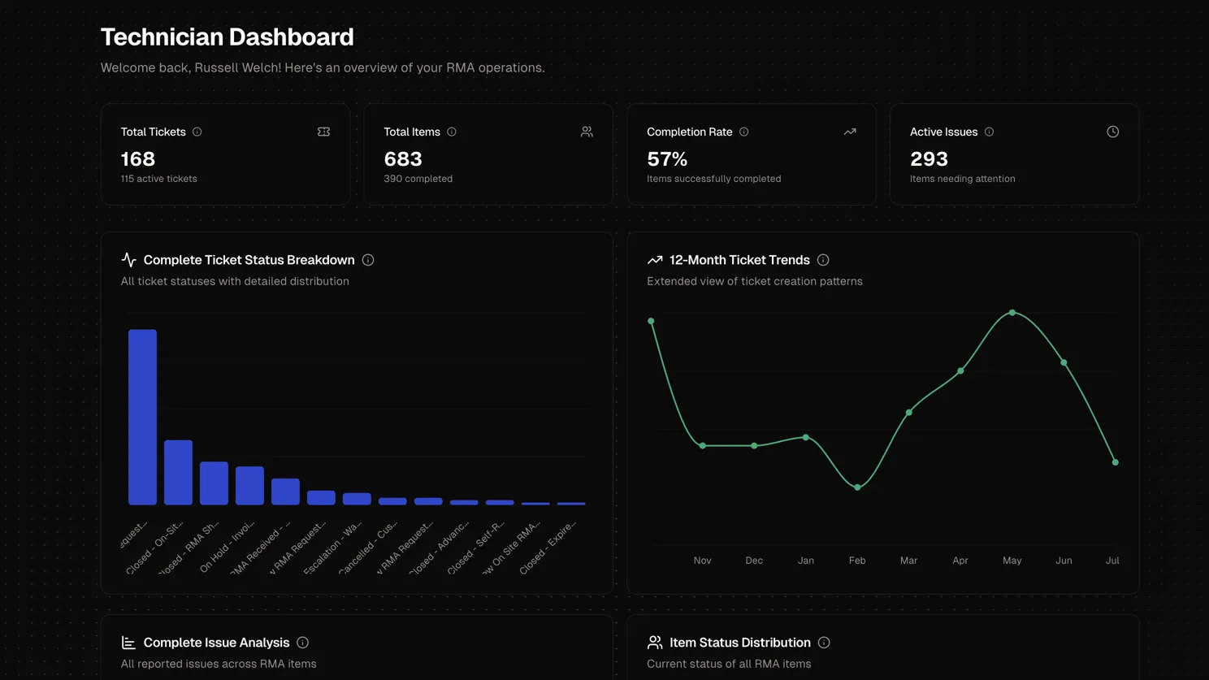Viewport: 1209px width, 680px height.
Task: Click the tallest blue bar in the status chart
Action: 142,417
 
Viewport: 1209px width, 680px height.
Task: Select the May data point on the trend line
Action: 1012,313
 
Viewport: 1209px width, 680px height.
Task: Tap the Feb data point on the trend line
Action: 857,487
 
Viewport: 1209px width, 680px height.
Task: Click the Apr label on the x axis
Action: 960,561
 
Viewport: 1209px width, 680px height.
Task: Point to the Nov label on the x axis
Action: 702,561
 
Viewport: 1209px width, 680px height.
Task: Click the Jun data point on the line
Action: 1064,362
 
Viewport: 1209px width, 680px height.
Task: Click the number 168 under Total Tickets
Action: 138,159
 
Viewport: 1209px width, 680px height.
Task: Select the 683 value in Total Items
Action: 403,159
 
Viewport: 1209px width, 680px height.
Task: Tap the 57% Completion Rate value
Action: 667,159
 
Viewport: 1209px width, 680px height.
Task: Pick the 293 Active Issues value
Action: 929,159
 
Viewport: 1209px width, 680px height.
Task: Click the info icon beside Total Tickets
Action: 197,132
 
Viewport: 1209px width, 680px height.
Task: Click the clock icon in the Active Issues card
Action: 1112,132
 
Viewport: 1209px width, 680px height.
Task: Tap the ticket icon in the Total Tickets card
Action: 323,132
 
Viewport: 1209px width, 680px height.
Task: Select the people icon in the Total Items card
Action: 587,132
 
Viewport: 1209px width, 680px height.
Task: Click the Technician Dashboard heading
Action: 227,37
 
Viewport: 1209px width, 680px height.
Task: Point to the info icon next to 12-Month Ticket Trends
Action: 823,260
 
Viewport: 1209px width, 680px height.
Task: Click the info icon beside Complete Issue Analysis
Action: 302,643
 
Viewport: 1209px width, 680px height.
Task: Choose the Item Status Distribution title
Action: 739,643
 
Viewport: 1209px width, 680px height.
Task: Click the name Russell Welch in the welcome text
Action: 237,67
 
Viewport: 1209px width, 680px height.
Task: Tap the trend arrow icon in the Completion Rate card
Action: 850,132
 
